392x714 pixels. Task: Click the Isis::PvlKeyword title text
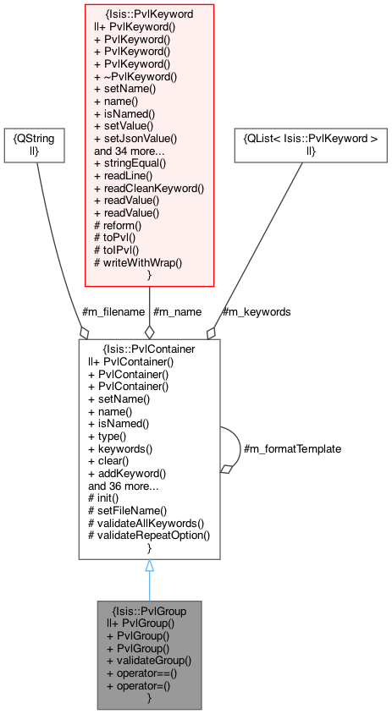point(149,14)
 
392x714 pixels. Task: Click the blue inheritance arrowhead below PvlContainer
point(149,566)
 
